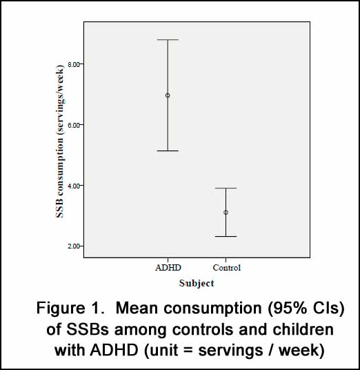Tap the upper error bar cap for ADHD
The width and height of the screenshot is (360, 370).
click(168, 40)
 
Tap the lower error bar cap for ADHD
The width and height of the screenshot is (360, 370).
click(168, 150)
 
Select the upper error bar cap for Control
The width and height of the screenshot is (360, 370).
click(226, 188)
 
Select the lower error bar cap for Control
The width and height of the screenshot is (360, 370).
click(226, 237)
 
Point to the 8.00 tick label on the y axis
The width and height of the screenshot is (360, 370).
click(74, 64)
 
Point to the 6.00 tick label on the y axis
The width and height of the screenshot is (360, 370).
click(74, 125)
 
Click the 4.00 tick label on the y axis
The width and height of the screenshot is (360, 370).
click(74, 186)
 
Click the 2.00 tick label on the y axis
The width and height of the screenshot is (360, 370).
click(74, 246)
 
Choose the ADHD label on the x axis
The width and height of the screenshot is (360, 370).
click(168, 268)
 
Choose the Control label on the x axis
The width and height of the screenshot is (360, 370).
click(227, 268)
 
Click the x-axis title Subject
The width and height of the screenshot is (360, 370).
click(197, 284)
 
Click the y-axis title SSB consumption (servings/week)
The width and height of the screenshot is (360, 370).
click(60, 141)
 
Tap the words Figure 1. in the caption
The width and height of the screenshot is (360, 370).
click(70, 308)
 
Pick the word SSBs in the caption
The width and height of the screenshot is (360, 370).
click(88, 329)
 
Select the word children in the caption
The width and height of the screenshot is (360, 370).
click(303, 329)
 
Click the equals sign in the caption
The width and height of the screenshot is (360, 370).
click(188, 350)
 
